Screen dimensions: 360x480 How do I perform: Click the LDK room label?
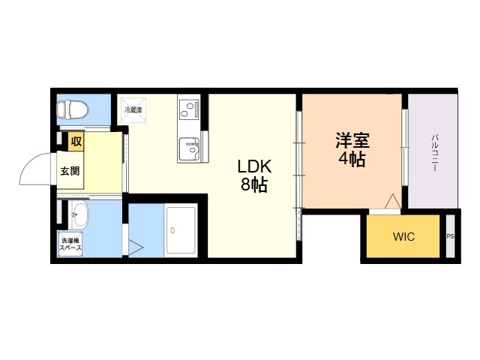[254, 166]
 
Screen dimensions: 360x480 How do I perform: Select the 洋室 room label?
[352, 140]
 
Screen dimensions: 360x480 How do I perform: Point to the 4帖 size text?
[352, 159]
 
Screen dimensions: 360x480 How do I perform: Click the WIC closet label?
[403, 237]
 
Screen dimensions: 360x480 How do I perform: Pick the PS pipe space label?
[450, 237]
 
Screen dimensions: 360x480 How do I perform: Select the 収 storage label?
[76, 141]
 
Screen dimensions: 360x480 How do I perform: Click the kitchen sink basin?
[189, 149]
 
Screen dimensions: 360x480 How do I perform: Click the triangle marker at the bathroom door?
[135, 247]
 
